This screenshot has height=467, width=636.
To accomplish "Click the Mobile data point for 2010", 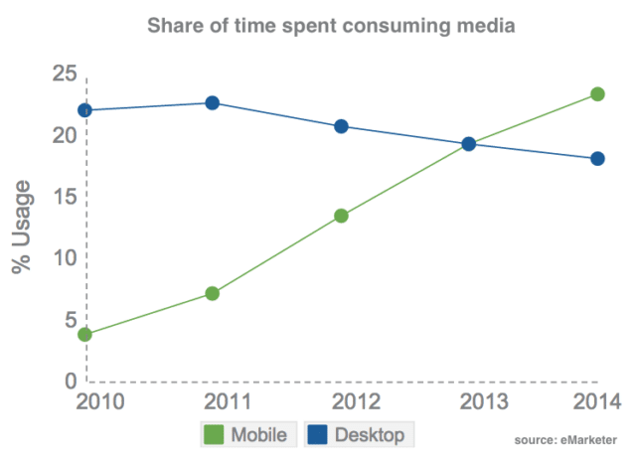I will [84, 335].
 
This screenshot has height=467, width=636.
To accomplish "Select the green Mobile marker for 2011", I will [212, 293].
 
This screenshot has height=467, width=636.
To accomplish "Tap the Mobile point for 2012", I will [341, 216].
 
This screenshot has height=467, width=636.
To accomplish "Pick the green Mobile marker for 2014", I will [598, 94].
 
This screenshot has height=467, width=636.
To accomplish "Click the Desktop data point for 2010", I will [84, 110].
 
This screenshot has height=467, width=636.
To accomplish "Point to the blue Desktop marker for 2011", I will [212, 103].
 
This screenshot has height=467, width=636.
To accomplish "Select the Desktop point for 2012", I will [341, 126].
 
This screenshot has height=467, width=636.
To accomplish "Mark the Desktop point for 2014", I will [598, 159].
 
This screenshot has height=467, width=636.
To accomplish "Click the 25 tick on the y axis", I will [65, 74].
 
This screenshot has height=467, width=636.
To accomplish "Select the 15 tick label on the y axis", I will [65, 197].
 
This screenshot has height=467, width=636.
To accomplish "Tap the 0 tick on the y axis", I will [71, 381].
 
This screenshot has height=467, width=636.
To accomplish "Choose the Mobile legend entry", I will [247, 435].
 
